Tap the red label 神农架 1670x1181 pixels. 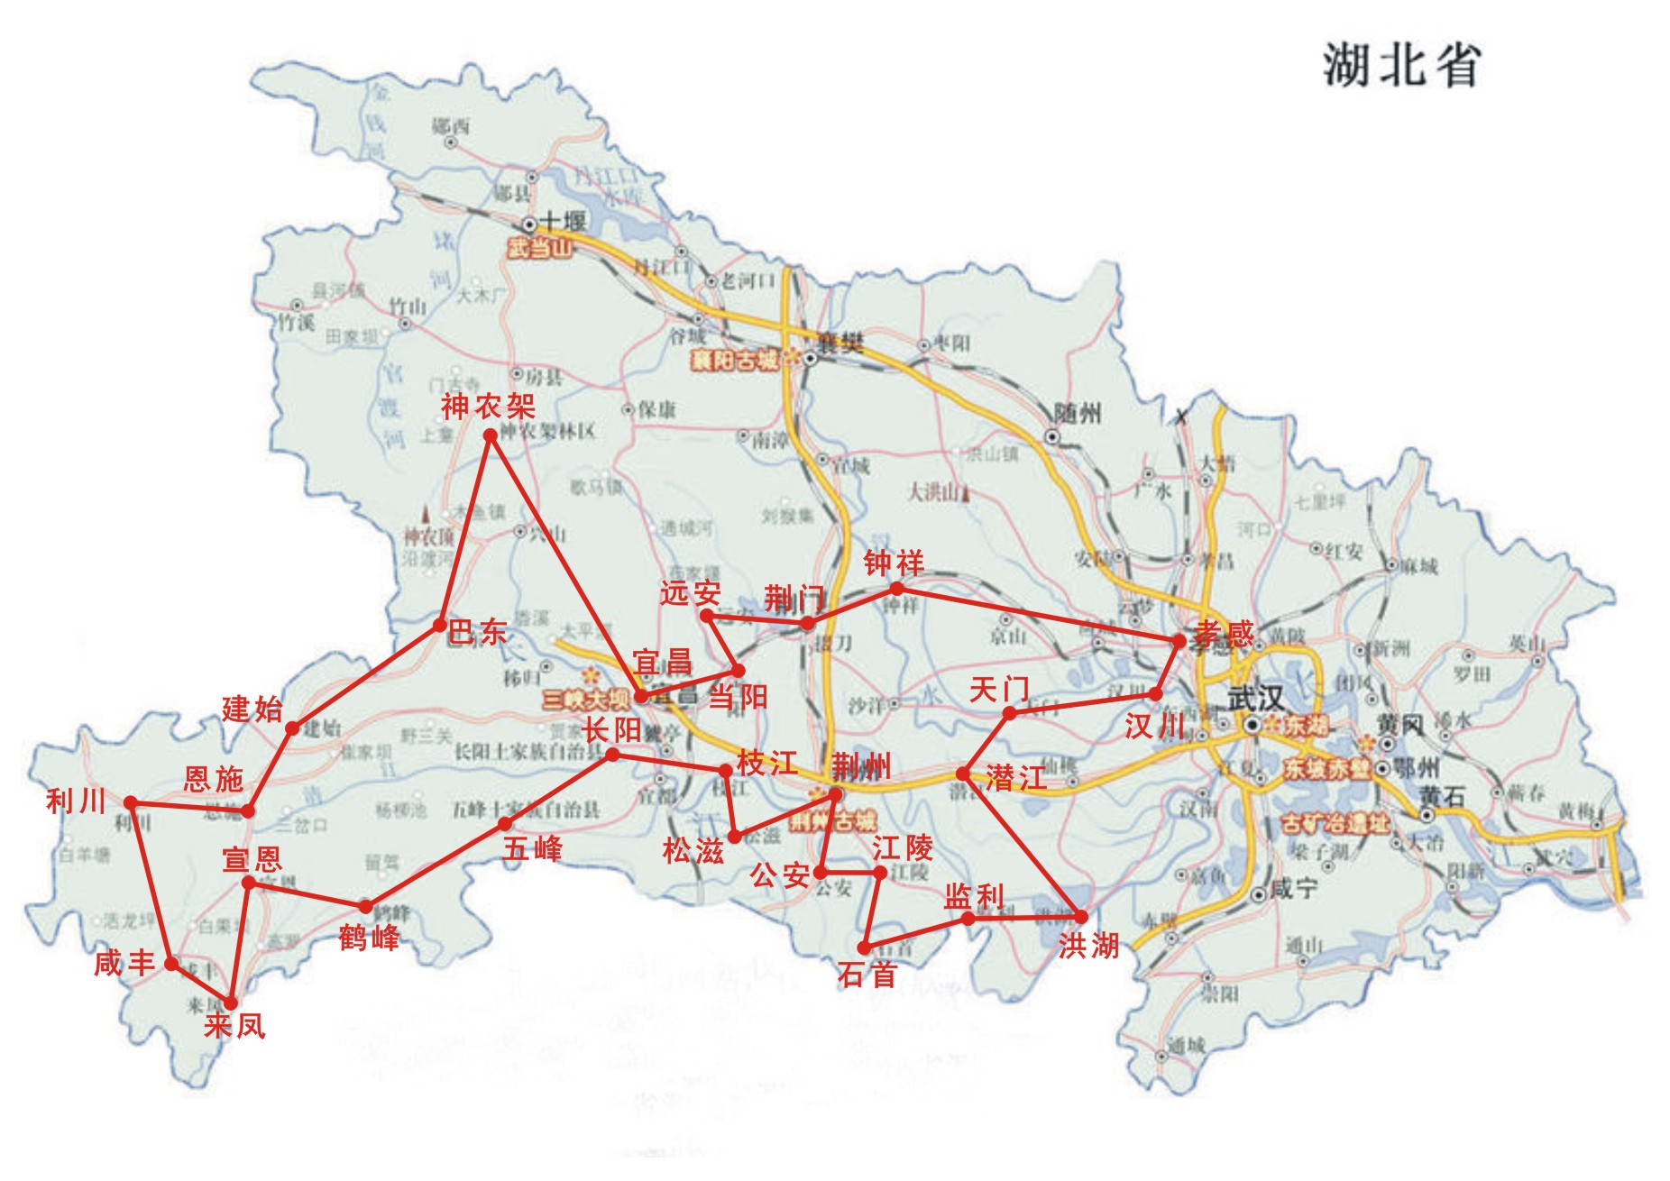(488, 407)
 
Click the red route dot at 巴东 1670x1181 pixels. (439, 625)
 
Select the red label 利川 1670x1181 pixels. (76, 801)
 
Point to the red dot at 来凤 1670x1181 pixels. (231, 1002)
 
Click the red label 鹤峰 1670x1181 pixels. (369, 938)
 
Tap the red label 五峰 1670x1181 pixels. (532, 848)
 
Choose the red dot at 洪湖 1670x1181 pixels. (1081, 917)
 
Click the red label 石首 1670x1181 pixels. (867, 974)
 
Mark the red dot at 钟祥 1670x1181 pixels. (896, 589)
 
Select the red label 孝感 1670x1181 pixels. (1224, 634)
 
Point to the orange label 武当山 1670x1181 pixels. (539, 248)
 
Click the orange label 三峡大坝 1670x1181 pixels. (585, 700)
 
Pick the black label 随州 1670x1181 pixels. (1077, 414)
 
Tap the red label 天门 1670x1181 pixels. (998, 691)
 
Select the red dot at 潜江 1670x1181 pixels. (963, 774)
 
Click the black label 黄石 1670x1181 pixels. (1442, 797)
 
